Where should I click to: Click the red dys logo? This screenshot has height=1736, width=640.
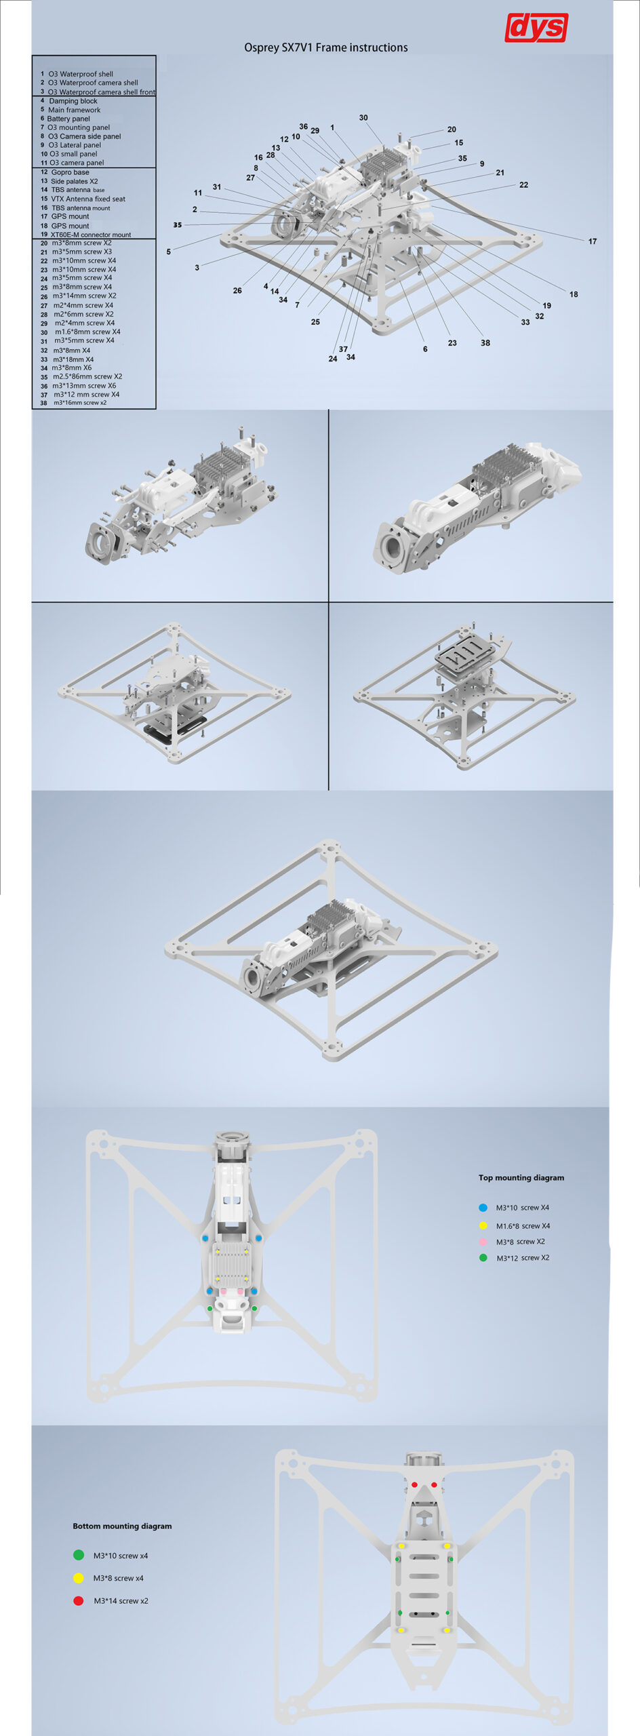(x=536, y=27)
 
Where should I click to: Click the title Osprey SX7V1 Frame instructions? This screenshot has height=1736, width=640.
(x=326, y=47)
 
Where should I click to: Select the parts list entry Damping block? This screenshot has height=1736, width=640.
(x=73, y=101)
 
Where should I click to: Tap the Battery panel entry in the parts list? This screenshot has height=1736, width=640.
(x=68, y=119)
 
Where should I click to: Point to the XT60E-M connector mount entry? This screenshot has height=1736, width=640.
(x=91, y=235)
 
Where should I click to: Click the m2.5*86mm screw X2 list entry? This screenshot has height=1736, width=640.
(x=87, y=376)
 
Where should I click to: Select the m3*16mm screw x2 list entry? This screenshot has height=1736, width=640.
(x=80, y=403)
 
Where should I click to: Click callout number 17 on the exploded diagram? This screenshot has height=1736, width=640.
(x=593, y=241)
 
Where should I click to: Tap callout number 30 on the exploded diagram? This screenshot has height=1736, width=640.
(x=363, y=118)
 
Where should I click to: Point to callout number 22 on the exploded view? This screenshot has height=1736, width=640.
(x=523, y=185)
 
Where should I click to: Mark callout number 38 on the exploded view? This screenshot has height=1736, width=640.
(x=485, y=343)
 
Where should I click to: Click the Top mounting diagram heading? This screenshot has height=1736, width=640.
(x=521, y=1178)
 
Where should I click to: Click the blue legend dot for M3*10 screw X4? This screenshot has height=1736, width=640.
(x=483, y=1208)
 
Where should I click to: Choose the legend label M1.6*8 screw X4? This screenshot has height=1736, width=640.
(x=523, y=1226)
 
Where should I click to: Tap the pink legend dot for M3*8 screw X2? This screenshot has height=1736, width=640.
(x=483, y=1242)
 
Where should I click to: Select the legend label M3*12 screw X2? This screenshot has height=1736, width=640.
(x=523, y=1258)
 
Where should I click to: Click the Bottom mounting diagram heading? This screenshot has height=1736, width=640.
(x=122, y=1526)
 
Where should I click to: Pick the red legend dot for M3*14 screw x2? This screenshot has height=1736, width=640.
(x=79, y=1600)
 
